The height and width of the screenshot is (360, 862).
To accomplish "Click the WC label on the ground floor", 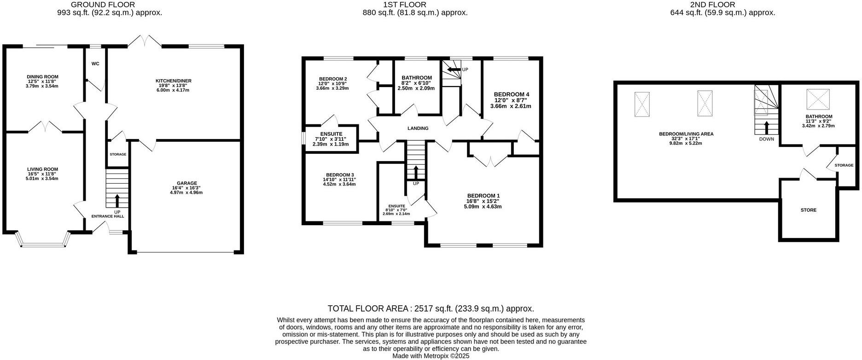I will pyautogui.click(x=95, y=64).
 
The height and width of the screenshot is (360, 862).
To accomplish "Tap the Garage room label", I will pyautogui.click(x=186, y=183).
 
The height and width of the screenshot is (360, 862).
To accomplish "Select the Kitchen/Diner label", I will pyautogui.click(x=173, y=81).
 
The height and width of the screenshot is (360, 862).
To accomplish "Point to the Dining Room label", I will pyautogui.click(x=42, y=77).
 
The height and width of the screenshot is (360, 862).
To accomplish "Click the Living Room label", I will pyautogui.click(x=42, y=169).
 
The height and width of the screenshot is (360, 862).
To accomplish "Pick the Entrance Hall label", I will pyautogui.click(x=108, y=216).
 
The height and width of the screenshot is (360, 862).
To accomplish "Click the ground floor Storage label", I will pyautogui.click(x=118, y=155).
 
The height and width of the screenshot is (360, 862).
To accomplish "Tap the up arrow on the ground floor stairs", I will pyautogui.click(x=117, y=200).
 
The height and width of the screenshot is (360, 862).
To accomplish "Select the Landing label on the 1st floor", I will pyautogui.click(x=418, y=128).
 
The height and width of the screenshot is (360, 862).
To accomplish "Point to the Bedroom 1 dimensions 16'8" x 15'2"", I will pyautogui.click(x=483, y=201).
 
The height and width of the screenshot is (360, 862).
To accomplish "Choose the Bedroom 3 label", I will pyautogui.click(x=340, y=175).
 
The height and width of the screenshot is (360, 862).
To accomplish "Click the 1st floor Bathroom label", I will pyautogui.click(x=417, y=78).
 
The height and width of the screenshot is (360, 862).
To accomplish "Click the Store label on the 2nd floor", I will pyautogui.click(x=808, y=210).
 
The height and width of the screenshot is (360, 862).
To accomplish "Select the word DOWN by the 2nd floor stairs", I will pyautogui.click(x=767, y=139).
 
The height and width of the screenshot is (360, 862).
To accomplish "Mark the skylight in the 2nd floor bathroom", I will pyautogui.click(x=817, y=99).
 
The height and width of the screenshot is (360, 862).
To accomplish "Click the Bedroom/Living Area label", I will pyautogui.click(x=686, y=134).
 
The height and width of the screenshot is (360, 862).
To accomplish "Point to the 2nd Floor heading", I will pyautogui.click(x=722, y=5).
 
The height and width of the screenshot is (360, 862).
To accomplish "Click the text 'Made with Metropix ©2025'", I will pyautogui.click(x=431, y=356).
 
